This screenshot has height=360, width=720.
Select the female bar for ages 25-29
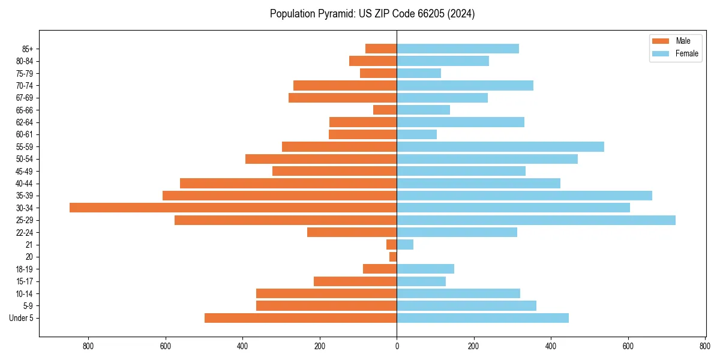click(x=536, y=220)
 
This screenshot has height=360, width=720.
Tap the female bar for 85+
click(x=458, y=49)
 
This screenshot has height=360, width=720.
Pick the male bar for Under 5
click(x=301, y=318)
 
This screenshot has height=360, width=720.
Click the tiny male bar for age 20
click(x=393, y=257)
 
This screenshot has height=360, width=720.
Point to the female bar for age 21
click(x=405, y=245)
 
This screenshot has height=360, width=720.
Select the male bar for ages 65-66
click(x=385, y=110)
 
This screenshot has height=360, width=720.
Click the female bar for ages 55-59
click(x=500, y=146)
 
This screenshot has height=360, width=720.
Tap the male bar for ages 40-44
click(x=288, y=183)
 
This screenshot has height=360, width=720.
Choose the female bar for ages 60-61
click(x=416, y=134)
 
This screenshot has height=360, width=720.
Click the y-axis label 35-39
click(x=25, y=196)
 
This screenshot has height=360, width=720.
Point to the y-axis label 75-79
click(x=25, y=73)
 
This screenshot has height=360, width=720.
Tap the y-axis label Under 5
click(x=22, y=318)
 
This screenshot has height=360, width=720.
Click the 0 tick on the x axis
click(x=397, y=346)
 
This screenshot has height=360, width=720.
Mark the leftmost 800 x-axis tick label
click(x=88, y=346)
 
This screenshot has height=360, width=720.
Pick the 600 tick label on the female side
click(x=628, y=346)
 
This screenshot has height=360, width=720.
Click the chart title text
click(x=372, y=14)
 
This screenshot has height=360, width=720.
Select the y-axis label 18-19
click(x=25, y=269)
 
